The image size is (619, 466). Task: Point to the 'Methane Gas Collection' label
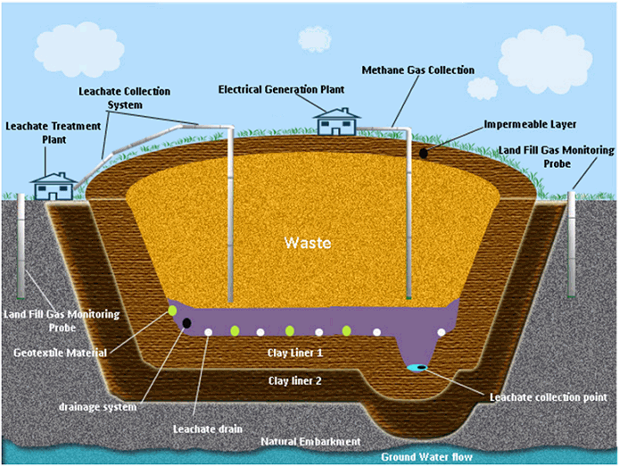tap(417, 70)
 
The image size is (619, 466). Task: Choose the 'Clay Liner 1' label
tap(295, 354)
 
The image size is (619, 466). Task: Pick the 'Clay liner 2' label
tap(295, 381)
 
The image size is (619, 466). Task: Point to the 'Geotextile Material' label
tap(61, 353)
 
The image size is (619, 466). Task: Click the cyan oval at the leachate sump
tap(417, 367)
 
